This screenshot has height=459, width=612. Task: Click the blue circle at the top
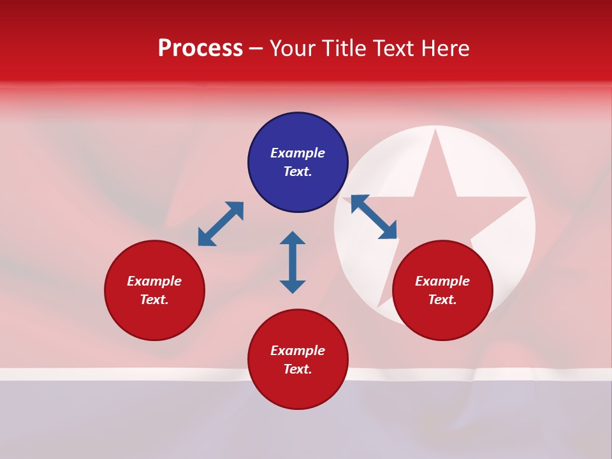tap(298, 163)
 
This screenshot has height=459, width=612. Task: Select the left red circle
tap(154, 290)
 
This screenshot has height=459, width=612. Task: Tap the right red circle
tap(442, 290)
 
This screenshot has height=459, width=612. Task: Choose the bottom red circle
tap(298, 360)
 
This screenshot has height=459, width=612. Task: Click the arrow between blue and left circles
tap(221, 224)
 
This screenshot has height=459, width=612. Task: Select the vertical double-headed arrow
tap(293, 262)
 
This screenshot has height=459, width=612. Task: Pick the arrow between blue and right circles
tap(374, 217)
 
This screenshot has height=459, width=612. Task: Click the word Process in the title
tap(200, 48)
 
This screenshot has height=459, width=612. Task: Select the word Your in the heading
tap(292, 48)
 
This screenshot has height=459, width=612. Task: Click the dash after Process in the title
tap(256, 48)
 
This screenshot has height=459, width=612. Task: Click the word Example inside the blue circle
tap(298, 153)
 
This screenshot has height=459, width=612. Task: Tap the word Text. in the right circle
tap(442, 300)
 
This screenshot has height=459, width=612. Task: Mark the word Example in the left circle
tap(154, 281)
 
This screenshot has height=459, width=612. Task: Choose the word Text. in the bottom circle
tap(298, 369)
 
